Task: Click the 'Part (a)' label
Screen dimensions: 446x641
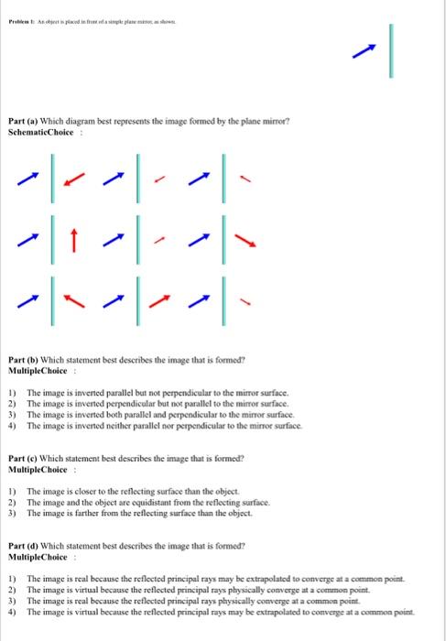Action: tap(21, 119)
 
